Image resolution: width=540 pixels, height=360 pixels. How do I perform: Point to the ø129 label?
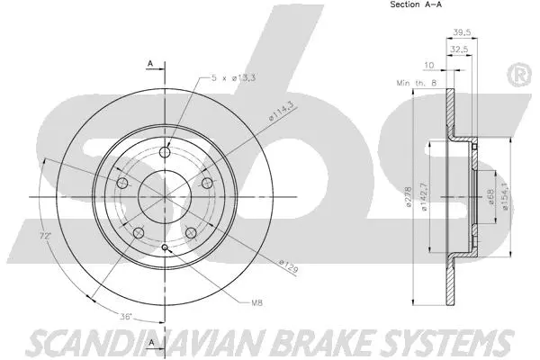tap(287, 265)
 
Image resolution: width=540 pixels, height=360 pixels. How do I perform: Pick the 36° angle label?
tap(129, 316)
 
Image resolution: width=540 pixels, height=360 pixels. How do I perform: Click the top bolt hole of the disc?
tap(166, 152)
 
